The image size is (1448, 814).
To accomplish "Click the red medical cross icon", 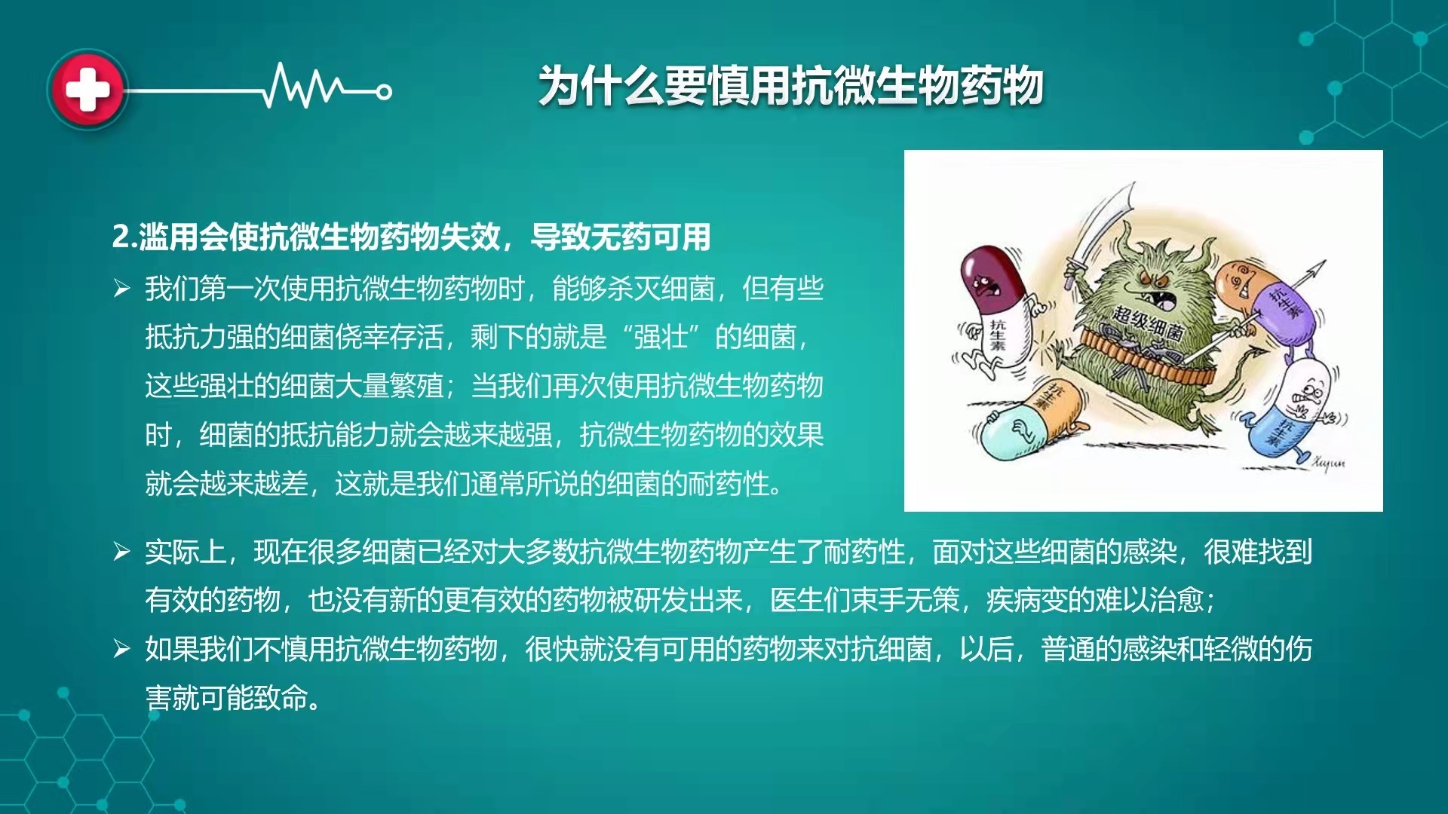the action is [x=87, y=90].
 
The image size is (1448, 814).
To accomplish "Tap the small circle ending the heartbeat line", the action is [x=384, y=93].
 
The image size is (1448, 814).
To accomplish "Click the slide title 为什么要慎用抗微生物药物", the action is [x=790, y=85].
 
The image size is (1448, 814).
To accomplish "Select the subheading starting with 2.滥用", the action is [x=411, y=237].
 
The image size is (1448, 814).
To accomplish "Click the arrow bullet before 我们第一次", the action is [x=121, y=288].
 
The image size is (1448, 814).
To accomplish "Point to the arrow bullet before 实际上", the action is [x=121, y=552].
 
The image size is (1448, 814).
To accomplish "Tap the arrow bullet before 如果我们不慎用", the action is [x=121, y=648].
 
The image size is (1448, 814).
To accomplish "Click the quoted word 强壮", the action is [x=661, y=337].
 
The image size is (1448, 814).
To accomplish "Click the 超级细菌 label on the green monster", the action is [x=1149, y=323].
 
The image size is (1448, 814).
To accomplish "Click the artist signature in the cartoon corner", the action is [x=1328, y=461].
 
